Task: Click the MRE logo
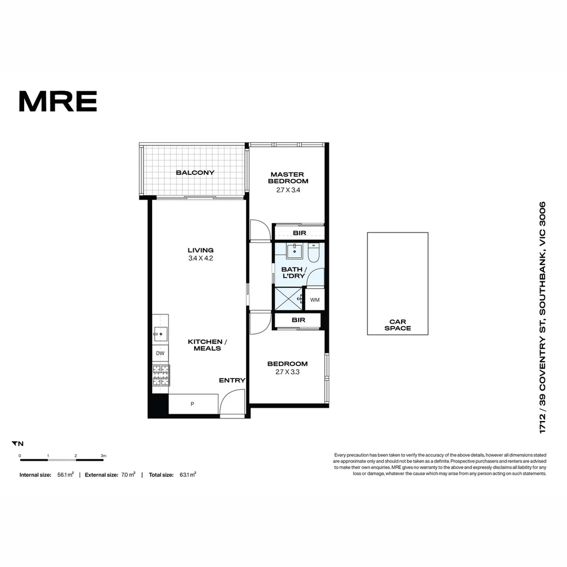tap(58, 101)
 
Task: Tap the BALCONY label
tap(195, 173)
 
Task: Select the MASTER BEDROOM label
tap(287, 177)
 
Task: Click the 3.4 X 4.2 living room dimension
tap(201, 258)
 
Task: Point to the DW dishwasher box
tap(160, 353)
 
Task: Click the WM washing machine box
tap(314, 300)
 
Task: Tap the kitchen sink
tap(161, 332)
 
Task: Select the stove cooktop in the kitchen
tap(161, 375)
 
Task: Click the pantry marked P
tap(192, 404)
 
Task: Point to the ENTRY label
tap(232, 380)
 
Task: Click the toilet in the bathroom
tap(313, 253)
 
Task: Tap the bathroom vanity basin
tap(295, 251)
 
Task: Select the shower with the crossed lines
tap(288, 299)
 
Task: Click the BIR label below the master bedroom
tap(299, 233)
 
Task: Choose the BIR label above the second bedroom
tap(298, 320)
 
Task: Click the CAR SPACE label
tap(397, 325)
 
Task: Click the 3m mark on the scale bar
tap(103, 456)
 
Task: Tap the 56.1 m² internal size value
tap(66, 475)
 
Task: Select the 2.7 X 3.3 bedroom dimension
tap(287, 372)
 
